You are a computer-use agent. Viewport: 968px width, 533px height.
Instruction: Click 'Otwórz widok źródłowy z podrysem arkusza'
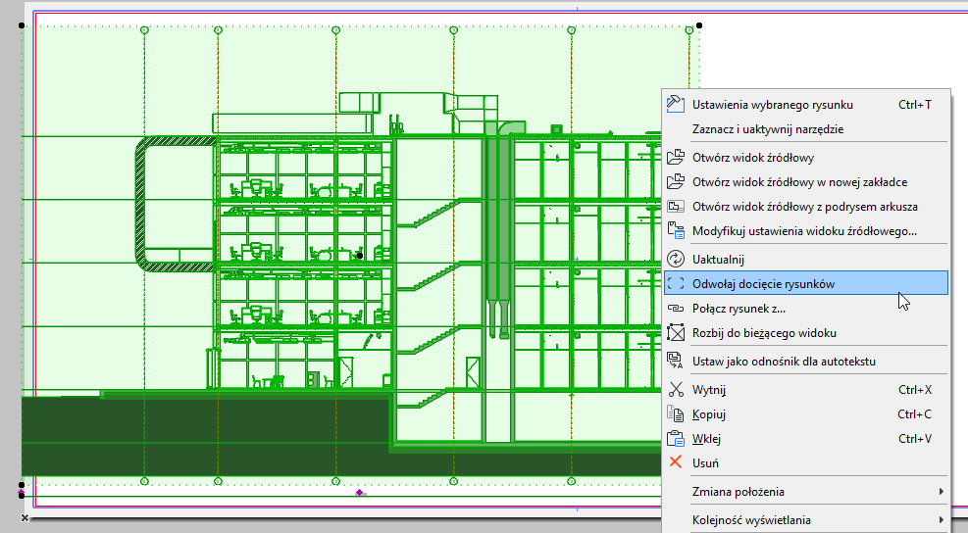click(805, 207)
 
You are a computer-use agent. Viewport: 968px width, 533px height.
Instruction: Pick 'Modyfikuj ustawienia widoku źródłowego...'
click(805, 231)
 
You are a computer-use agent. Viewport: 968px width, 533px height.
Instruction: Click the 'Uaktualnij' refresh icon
click(676, 259)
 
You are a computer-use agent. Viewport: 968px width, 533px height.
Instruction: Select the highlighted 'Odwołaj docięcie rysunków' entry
click(805, 284)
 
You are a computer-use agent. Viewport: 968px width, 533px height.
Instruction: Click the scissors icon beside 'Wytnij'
click(676, 390)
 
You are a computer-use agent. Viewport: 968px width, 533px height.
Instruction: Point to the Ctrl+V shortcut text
click(914, 439)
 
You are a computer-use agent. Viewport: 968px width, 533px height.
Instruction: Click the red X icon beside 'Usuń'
click(676, 462)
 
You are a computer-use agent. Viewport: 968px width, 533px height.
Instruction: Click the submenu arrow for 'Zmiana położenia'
click(941, 492)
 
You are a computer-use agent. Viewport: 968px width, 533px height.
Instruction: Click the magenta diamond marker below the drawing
click(359, 492)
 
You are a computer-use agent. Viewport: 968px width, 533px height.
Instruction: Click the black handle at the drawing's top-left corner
click(22, 25)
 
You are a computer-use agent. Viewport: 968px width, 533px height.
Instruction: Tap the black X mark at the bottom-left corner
click(25, 517)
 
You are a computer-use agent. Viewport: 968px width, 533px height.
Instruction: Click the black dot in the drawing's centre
click(360, 256)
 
